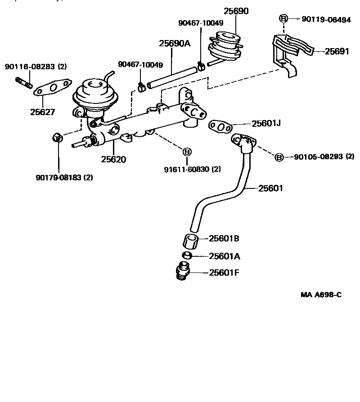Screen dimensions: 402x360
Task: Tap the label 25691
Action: click(x=337, y=51)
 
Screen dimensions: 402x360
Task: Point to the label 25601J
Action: click(x=266, y=123)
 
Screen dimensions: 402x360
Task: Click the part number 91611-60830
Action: click(x=186, y=169)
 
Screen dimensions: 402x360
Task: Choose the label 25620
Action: click(x=113, y=159)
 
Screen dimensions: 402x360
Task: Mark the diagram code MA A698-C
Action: click(x=321, y=295)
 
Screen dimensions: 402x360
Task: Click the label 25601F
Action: click(x=224, y=272)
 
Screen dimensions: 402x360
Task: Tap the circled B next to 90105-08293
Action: click(x=279, y=157)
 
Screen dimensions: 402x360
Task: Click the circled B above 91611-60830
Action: click(x=186, y=152)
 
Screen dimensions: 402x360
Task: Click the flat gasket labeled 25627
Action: click(x=53, y=88)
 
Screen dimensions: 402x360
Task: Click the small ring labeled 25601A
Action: click(x=187, y=256)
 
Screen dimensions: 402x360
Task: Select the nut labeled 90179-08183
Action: click(x=57, y=137)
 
